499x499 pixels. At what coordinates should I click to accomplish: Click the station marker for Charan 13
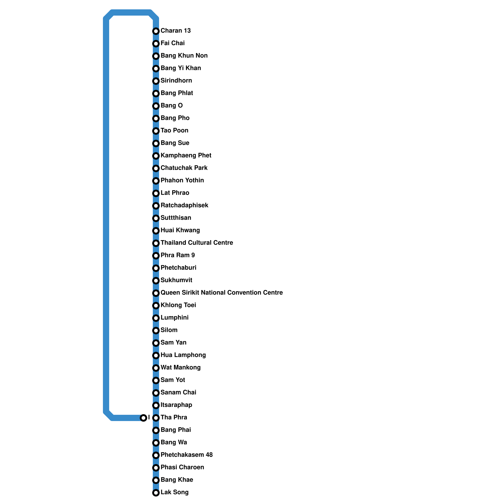point(156,31)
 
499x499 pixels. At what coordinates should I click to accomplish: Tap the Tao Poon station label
point(174,130)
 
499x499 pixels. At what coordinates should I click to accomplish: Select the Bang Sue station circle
point(156,143)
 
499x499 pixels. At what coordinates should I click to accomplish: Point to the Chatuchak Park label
point(184,168)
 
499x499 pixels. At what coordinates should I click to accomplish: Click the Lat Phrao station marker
point(156,193)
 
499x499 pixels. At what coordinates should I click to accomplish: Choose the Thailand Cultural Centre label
point(196,243)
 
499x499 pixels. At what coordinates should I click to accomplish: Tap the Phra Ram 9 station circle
point(156,255)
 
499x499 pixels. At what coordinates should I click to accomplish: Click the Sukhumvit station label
point(176,280)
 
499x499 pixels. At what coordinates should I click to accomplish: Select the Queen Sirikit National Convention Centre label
point(221,293)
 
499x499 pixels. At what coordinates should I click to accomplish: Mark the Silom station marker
point(156,330)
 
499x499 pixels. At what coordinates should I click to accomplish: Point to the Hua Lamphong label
point(183,355)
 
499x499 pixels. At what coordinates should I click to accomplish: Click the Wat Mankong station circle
point(156,368)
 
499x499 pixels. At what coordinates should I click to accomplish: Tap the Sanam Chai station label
point(178,392)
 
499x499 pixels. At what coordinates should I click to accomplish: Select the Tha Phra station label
point(174,417)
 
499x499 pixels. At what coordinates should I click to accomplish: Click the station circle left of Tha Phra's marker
point(143,418)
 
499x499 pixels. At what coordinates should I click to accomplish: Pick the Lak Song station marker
point(156,492)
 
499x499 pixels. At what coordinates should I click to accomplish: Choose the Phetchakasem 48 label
point(187,455)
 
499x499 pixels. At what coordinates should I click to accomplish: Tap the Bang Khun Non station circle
point(156,56)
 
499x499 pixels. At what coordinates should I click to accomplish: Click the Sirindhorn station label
point(176,80)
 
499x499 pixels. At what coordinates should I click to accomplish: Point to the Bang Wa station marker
point(156,443)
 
